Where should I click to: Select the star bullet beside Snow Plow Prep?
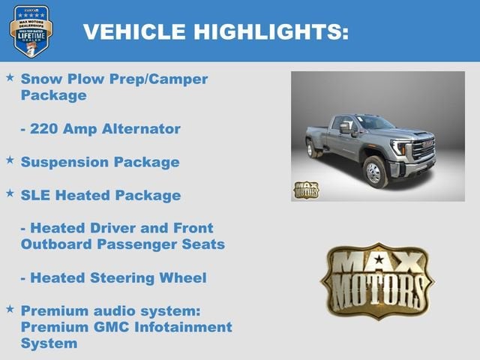[x=10, y=77]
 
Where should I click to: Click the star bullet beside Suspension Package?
[x=10, y=160]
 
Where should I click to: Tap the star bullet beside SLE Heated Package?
[x=10, y=193]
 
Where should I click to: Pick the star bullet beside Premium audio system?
[x=10, y=308]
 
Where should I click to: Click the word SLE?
[x=37, y=196]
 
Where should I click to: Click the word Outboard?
[x=56, y=244]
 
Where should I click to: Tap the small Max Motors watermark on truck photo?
[x=306, y=190]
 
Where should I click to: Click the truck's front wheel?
[x=374, y=172]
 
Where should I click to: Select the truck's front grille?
[x=423, y=148]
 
